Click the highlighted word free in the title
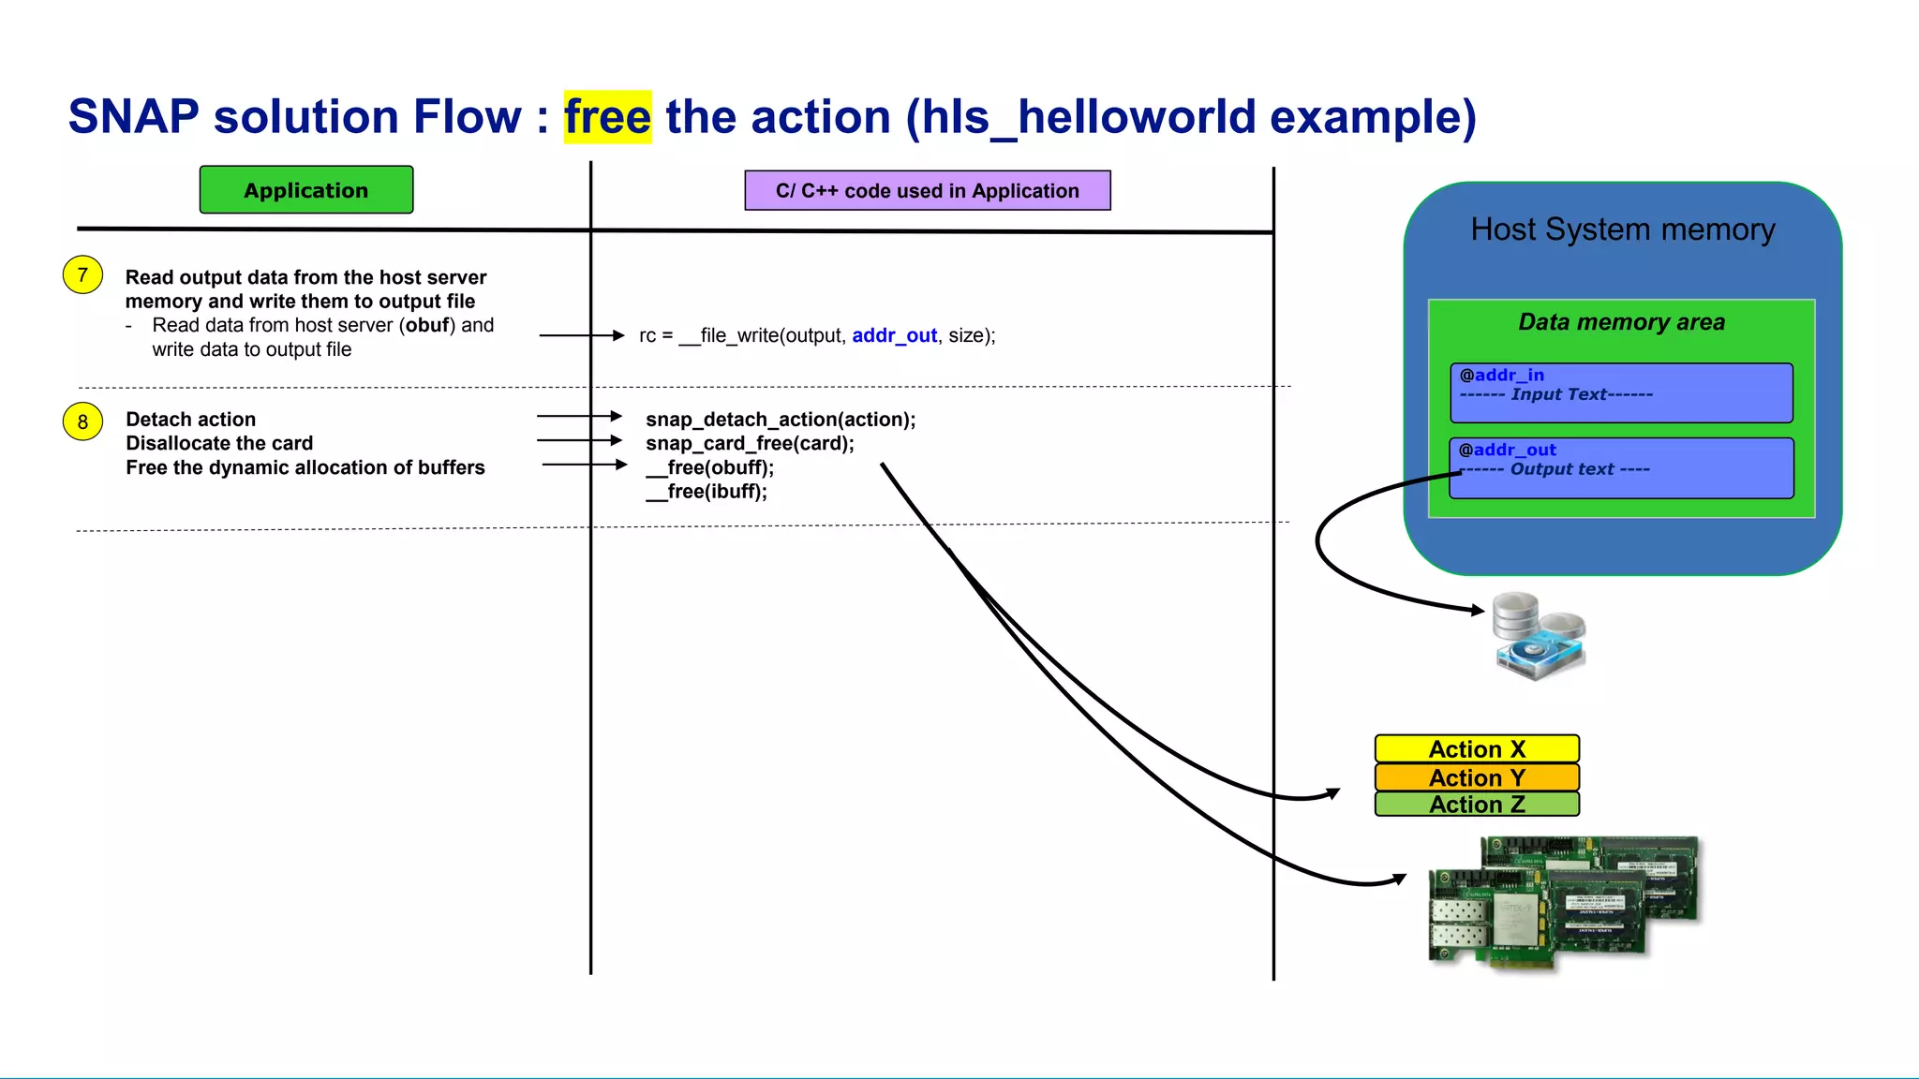click(x=607, y=117)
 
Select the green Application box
click(x=305, y=190)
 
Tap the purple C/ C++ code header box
click(x=927, y=191)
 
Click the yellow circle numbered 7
click(x=82, y=275)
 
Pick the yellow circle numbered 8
click(x=82, y=421)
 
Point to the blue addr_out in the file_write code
click(x=894, y=335)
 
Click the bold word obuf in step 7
click(x=427, y=325)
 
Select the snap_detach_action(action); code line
click(x=780, y=420)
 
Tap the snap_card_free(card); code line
click(x=750, y=444)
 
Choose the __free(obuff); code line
click(x=709, y=467)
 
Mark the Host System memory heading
click(x=1622, y=229)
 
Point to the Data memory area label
click(x=1621, y=322)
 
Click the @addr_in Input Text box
click(x=1621, y=393)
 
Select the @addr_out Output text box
click(x=1621, y=468)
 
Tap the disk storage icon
click(x=1538, y=635)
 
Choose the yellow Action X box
click(x=1477, y=749)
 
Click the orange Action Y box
click(x=1477, y=777)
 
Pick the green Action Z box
click(x=1477, y=805)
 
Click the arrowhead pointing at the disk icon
click(x=1479, y=611)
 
